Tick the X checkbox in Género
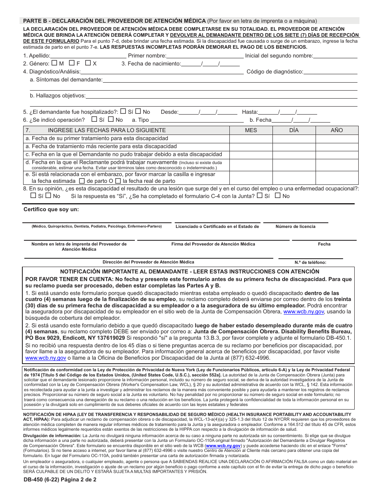pyautogui.click(x=88, y=63)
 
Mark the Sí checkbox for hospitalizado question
pyautogui.click(x=123, y=112)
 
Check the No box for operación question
pyautogui.click(x=111, y=119)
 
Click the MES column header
pyautogui.click(x=251, y=131)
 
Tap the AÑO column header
pyautogui.click(x=336, y=131)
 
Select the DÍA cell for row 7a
pyautogui.click(x=294, y=139)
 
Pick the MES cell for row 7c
pyautogui.click(x=251, y=154)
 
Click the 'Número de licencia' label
pyautogui.click(x=295, y=226)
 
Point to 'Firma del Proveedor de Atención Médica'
pyautogui.click(x=213, y=244)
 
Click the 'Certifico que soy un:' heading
pyautogui.click(x=51, y=209)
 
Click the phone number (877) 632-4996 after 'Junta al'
pyautogui.click(x=249, y=358)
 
